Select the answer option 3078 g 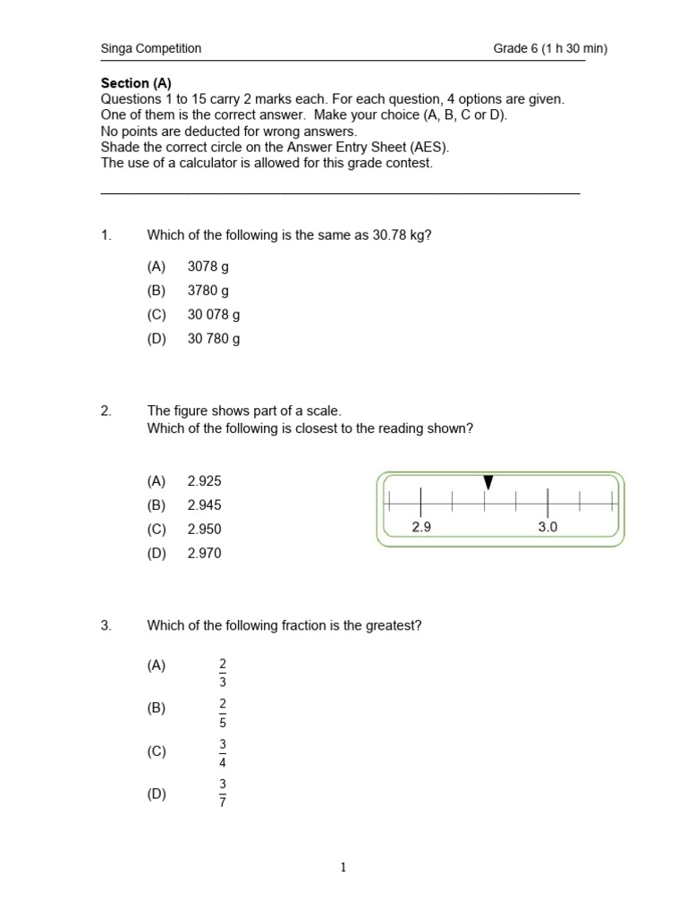(x=208, y=267)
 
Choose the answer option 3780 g (x=208, y=291)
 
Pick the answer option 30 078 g (x=214, y=315)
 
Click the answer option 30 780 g (x=214, y=339)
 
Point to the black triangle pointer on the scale (x=488, y=483)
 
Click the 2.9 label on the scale (x=421, y=528)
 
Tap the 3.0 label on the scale (x=547, y=528)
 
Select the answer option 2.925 (x=204, y=481)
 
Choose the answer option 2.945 (x=204, y=505)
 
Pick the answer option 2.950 (x=204, y=530)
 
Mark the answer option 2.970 (x=204, y=554)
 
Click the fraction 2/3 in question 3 (x=223, y=673)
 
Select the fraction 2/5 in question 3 (x=223, y=715)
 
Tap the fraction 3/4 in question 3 (x=223, y=754)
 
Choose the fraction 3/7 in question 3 (x=223, y=793)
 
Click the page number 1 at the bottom (x=343, y=867)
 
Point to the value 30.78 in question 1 (x=390, y=235)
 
